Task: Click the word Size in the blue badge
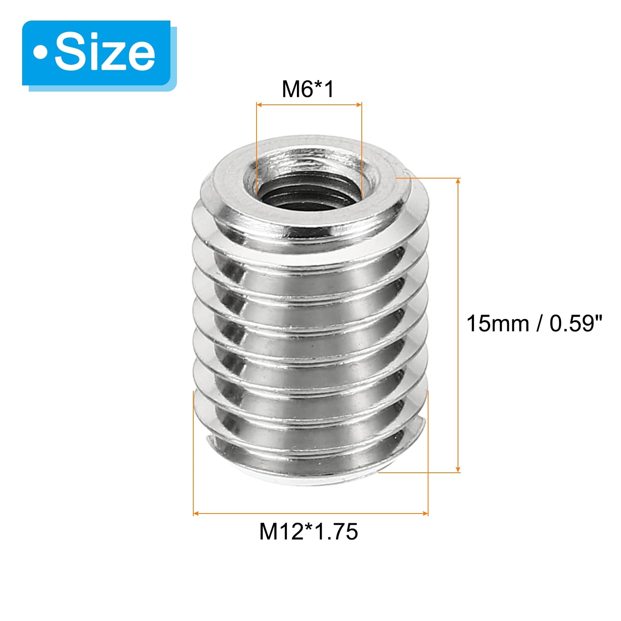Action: (105, 52)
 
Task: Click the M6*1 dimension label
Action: (308, 89)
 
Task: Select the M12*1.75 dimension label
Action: (309, 531)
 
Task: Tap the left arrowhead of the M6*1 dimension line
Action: (260, 104)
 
